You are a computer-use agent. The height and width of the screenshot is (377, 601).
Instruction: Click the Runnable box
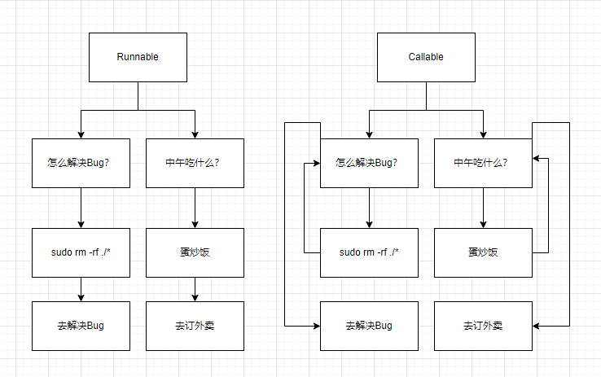(x=138, y=57)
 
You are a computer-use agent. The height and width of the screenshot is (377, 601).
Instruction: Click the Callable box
(x=426, y=57)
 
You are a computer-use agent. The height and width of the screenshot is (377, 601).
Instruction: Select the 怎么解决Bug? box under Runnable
(x=81, y=163)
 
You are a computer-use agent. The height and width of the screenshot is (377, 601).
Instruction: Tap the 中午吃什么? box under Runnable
(x=195, y=163)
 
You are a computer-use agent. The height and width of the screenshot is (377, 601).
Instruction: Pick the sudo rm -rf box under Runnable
(x=81, y=253)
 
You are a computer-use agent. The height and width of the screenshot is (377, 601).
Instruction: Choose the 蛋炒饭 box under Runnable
(x=195, y=253)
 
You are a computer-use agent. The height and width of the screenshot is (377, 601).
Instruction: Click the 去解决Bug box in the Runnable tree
(x=81, y=326)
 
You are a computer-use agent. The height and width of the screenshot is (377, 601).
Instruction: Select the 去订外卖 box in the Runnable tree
(x=195, y=326)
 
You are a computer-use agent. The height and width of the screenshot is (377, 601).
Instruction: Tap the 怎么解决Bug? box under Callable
(x=369, y=163)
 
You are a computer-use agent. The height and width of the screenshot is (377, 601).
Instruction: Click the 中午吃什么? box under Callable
(x=484, y=163)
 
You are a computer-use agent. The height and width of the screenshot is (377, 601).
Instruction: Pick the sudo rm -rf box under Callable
(x=369, y=253)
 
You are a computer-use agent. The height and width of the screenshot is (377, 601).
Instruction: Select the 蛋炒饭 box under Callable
(x=484, y=253)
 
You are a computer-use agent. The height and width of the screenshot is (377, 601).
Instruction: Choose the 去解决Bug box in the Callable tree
(x=369, y=326)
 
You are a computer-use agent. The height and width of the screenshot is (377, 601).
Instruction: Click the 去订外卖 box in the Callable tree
(x=484, y=326)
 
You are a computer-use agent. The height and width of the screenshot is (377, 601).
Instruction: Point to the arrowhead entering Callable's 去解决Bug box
(x=317, y=326)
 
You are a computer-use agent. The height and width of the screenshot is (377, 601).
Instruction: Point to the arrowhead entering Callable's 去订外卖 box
(x=536, y=326)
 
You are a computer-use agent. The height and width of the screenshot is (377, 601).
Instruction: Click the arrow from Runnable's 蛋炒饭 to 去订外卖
(x=195, y=289)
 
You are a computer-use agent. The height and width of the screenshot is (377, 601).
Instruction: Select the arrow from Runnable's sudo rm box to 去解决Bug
(x=81, y=289)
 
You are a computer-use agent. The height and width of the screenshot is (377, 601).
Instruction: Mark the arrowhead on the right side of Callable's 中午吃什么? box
(x=536, y=158)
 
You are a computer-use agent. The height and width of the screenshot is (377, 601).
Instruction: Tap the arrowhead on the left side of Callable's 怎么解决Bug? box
(x=317, y=163)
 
